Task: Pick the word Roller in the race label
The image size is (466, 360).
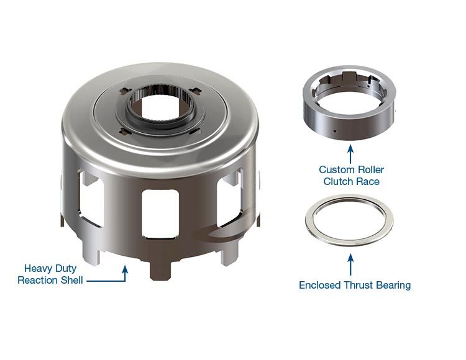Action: coord(370,169)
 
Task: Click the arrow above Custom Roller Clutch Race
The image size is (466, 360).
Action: coord(350,153)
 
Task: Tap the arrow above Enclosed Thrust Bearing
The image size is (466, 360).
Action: coord(350,264)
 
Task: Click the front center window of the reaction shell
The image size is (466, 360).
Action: coord(160,213)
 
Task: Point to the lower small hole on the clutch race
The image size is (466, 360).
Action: coord(334,131)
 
